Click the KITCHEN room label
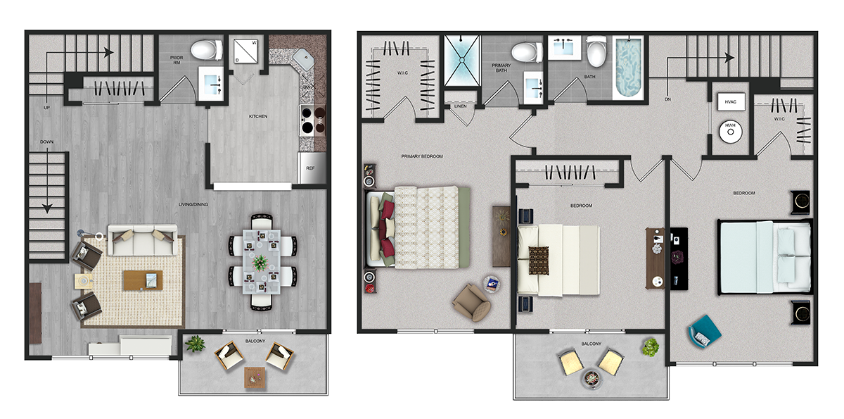[x=258, y=116]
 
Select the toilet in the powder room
[x=206, y=50]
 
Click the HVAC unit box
[x=731, y=102]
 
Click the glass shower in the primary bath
[x=462, y=61]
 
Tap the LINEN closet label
[x=461, y=106]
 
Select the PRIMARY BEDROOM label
[x=422, y=156]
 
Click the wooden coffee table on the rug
[x=143, y=280]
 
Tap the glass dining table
[x=262, y=262]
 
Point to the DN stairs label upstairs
[x=667, y=99]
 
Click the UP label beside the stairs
[x=46, y=108]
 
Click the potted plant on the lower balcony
[x=195, y=344]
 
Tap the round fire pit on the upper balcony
[x=592, y=379]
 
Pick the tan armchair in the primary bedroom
[x=472, y=303]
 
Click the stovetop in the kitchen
[x=313, y=120]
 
